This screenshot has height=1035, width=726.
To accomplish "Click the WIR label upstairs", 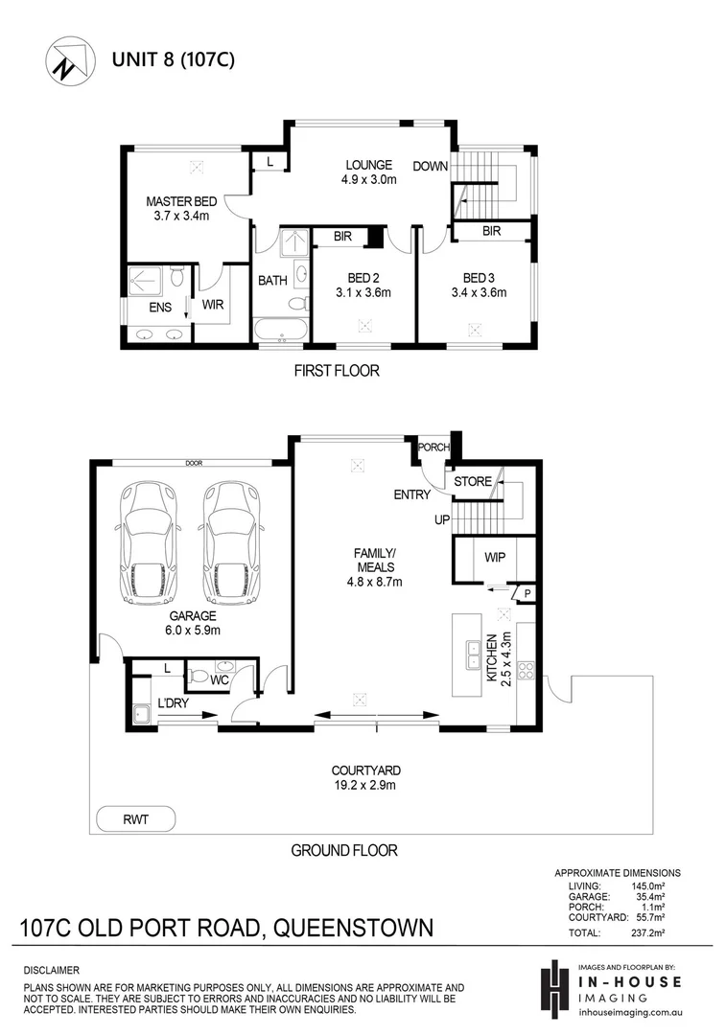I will (213, 305).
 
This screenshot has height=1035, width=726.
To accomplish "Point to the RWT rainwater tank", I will (135, 819).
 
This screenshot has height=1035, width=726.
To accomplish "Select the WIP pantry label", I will (495, 557).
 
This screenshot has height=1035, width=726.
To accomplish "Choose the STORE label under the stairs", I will (472, 481).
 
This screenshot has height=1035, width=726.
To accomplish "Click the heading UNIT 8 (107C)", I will (174, 59).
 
